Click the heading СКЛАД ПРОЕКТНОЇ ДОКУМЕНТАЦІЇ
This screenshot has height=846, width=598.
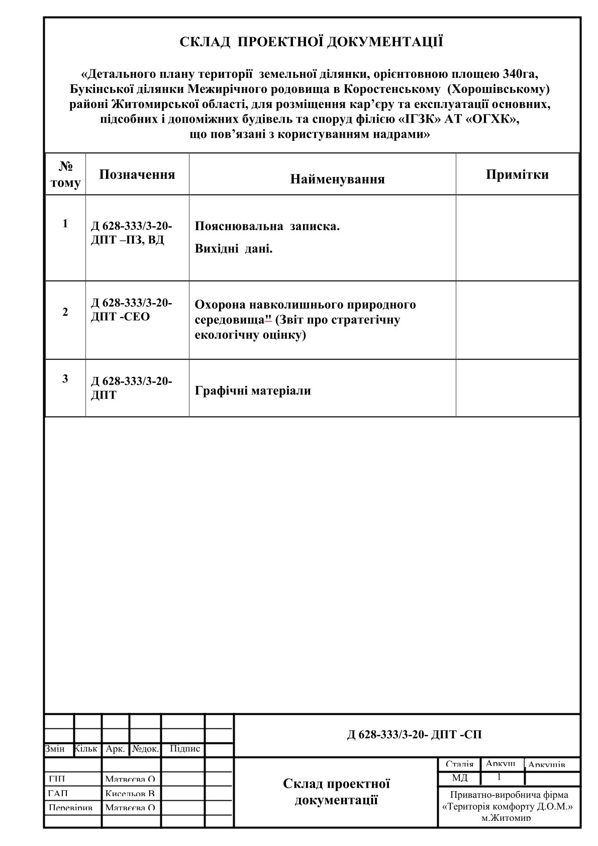[x=312, y=42]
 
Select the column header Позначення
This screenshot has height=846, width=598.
[x=137, y=174]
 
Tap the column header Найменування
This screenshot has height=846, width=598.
[x=337, y=179]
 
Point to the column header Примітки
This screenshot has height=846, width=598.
[x=517, y=174]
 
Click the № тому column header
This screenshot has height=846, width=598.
[x=65, y=174]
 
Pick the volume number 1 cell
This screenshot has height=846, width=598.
[x=65, y=224]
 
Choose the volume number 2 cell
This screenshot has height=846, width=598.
[x=65, y=312]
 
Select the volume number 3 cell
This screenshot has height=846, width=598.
[x=65, y=379]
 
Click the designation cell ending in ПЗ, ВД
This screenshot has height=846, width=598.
[x=132, y=233]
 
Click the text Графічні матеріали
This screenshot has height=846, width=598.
[x=253, y=391]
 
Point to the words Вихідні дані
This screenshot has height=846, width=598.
[x=234, y=249]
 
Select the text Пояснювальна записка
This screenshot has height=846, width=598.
[x=267, y=226]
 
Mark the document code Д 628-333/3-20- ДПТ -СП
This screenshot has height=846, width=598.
[x=414, y=734]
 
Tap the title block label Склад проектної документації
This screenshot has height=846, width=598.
[x=336, y=791]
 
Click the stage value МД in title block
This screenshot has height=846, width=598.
[x=459, y=778]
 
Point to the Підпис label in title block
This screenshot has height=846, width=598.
[x=185, y=749]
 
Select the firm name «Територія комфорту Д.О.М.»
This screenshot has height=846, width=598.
[x=509, y=806]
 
